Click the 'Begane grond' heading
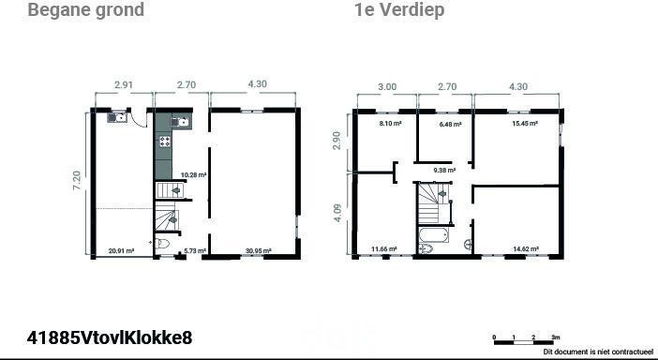pyautogui.click(x=86, y=10)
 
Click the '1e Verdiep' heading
pyautogui.click(x=399, y=10)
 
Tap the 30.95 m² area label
pyautogui.click(x=259, y=251)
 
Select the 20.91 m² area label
pyautogui.click(x=121, y=251)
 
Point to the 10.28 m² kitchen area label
pyautogui.click(x=193, y=175)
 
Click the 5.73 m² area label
pyautogui.click(x=195, y=251)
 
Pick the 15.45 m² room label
pyautogui.click(x=525, y=124)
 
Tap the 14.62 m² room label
pyautogui.click(x=526, y=248)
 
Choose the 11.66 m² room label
pyautogui.click(x=384, y=249)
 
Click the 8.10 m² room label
pyautogui.click(x=391, y=124)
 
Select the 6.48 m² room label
pyautogui.click(x=450, y=124)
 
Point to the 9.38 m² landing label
pyautogui.click(x=444, y=171)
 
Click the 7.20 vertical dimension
pyautogui.click(x=78, y=181)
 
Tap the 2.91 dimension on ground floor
pyautogui.click(x=124, y=84)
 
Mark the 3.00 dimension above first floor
pyautogui.click(x=387, y=87)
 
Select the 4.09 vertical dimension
pyautogui.click(x=339, y=213)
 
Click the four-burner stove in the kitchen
pyautogui.click(x=165, y=142)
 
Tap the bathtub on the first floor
pyautogui.click(x=434, y=235)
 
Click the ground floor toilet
pyautogui.click(x=162, y=244)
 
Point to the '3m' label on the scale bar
pyautogui.click(x=556, y=337)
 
